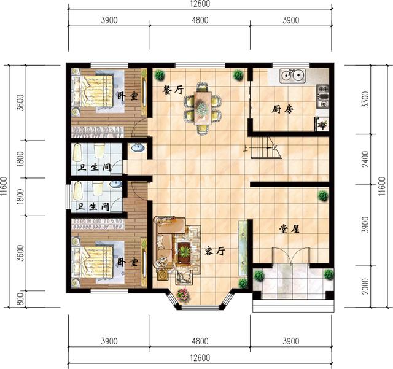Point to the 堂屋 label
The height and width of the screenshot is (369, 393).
[289, 228]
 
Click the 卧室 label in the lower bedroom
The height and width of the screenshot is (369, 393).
[128, 262]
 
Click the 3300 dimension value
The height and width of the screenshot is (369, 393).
[366, 99]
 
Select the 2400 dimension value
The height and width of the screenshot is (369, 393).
[366, 158]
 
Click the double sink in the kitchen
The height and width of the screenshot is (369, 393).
[293, 77]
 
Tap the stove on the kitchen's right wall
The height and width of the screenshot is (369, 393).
[324, 97]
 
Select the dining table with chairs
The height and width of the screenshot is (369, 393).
[201, 106]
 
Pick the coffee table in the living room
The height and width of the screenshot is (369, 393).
[184, 251]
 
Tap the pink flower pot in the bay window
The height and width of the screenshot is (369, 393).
[182, 295]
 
